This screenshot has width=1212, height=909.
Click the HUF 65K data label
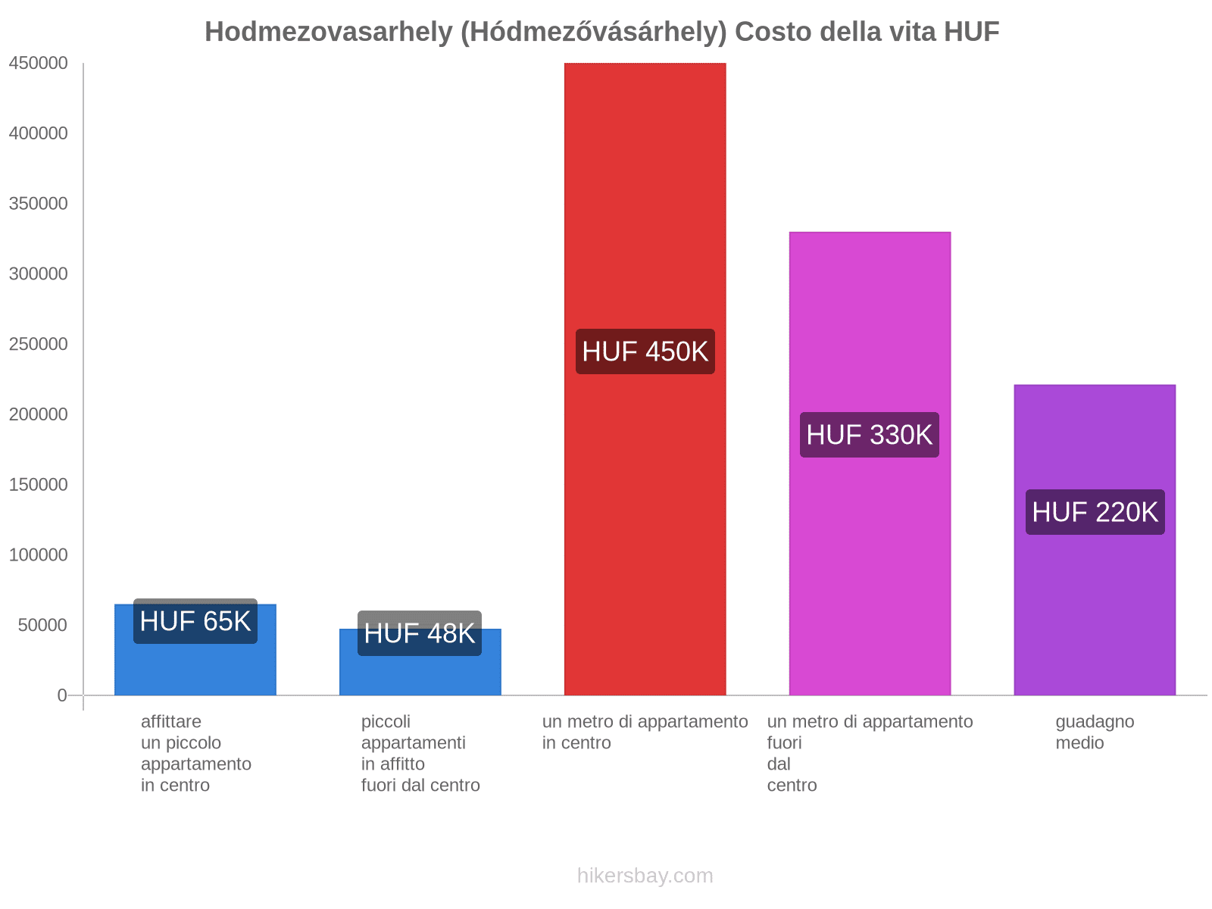195,621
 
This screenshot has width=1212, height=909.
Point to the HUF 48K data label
420,633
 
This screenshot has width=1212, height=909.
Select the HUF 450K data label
645,351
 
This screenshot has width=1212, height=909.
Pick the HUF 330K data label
870,435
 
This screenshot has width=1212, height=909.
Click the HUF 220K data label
1095,512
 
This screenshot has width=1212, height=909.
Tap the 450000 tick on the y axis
38,64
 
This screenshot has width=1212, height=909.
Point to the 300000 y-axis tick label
38,274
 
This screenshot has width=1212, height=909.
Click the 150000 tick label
38,485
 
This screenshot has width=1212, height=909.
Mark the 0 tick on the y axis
62,695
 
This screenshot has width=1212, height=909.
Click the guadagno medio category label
1095,732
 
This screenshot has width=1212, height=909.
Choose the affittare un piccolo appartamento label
195,753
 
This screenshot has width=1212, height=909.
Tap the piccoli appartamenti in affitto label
420,753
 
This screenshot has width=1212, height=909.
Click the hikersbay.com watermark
645,876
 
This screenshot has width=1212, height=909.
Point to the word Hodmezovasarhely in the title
329,32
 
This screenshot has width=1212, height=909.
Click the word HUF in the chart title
971,32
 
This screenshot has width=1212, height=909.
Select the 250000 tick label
38,345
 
